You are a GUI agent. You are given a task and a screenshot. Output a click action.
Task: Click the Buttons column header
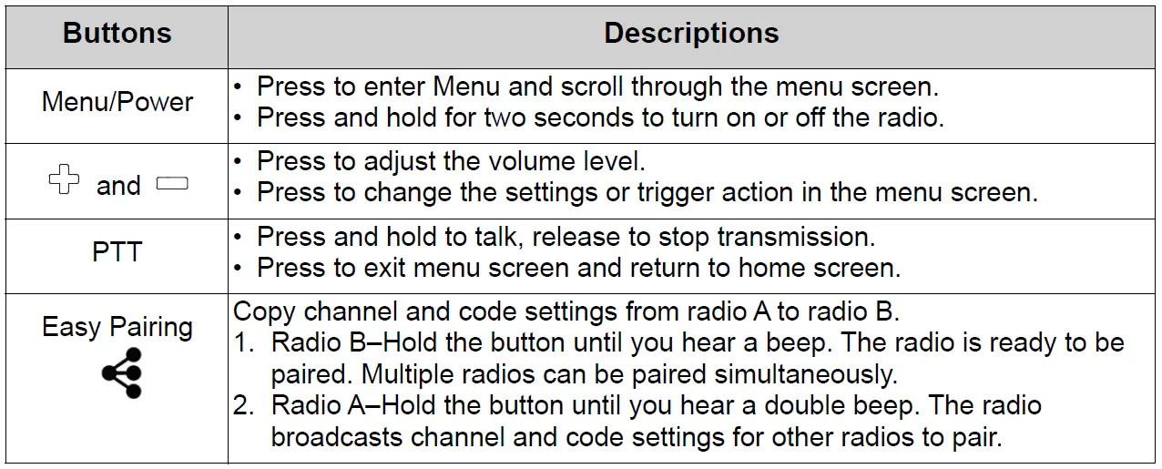[117, 34]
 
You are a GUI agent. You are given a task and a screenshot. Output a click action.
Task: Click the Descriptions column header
[691, 34]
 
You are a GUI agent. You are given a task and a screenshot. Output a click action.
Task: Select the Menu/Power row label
[117, 101]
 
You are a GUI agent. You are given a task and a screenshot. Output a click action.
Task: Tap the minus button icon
[172, 183]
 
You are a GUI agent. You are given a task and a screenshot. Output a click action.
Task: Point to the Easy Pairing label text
[117, 327]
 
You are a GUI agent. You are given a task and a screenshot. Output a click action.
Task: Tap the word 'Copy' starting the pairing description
[265, 311]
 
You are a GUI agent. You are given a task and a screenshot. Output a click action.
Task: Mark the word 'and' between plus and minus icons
[118, 186]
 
